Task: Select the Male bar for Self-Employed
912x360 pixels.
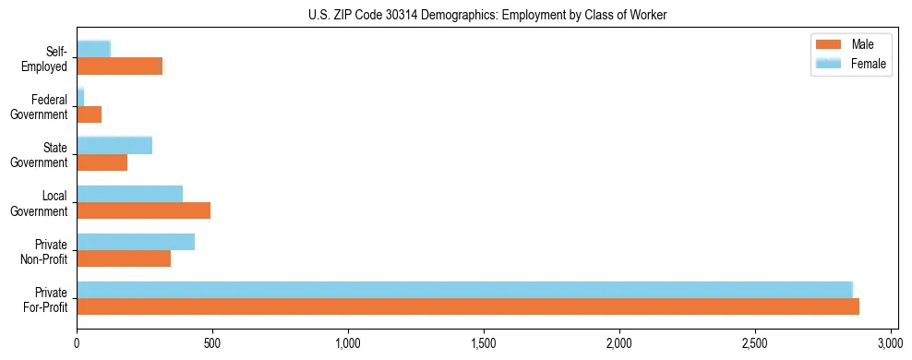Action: pyautogui.click(x=120, y=66)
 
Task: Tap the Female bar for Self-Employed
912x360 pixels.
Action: pyautogui.click(x=94, y=49)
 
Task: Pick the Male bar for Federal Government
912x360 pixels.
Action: pyautogui.click(x=90, y=114)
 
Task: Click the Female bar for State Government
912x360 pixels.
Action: pyautogui.click(x=114, y=145)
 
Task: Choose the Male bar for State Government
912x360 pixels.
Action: pyautogui.click(x=102, y=162)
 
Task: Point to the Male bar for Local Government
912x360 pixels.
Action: pyautogui.click(x=144, y=210)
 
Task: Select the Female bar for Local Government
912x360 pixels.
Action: pyautogui.click(x=130, y=193)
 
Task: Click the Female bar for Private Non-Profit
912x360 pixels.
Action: pyautogui.click(x=136, y=242)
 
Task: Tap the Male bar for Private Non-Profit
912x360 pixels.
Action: pyautogui.click(x=124, y=258)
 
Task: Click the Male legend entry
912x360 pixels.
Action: pyautogui.click(x=849, y=44)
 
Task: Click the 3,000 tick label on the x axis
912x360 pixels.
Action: pyautogui.click(x=890, y=343)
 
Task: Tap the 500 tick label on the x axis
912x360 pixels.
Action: pyautogui.click(x=212, y=343)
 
